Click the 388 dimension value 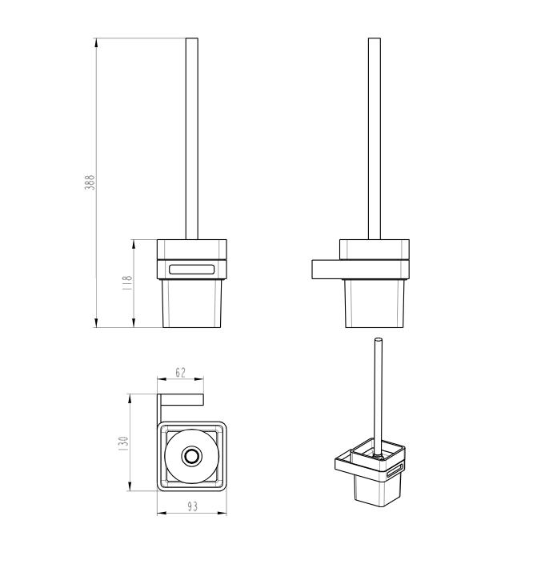point(90,182)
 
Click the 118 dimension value point(126,283)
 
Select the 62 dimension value point(180,373)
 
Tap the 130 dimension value point(123,443)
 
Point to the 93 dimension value point(193,506)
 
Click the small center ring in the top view point(191,456)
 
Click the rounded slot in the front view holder point(191,270)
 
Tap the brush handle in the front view point(192,139)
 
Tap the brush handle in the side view point(375,139)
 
